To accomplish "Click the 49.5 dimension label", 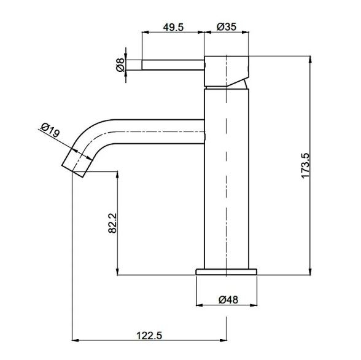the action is pos(173,27).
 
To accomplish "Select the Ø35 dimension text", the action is pos(227,26).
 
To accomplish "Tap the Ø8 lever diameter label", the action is pos(120,65).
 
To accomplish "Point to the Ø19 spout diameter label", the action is pos(50,130).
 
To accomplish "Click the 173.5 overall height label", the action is pos(306,165).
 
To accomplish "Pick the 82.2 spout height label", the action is pos(112,223).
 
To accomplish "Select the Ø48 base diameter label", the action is pos(228,300).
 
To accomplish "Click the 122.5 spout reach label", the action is pos(149,335).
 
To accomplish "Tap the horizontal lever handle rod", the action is pos(173,65).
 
